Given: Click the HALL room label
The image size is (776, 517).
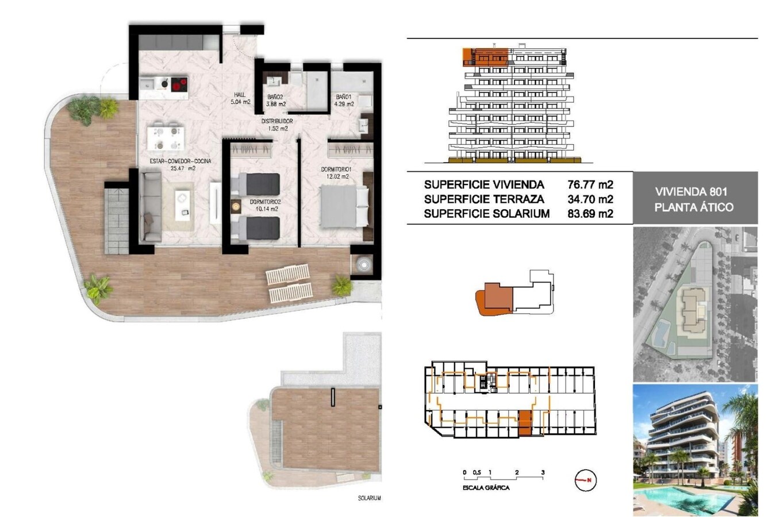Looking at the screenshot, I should (x=240, y=95).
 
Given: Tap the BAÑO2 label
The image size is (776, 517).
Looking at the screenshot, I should (x=275, y=97).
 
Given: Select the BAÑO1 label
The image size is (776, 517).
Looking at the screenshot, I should (x=344, y=97).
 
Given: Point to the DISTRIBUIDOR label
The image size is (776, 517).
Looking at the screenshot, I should (x=277, y=121).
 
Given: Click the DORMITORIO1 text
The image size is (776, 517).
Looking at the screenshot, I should (x=336, y=169).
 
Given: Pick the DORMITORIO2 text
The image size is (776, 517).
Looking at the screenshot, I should (x=265, y=202).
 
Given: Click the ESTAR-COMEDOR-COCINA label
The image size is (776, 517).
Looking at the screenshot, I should (x=180, y=161).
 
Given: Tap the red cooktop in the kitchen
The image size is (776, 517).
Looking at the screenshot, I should (x=178, y=84).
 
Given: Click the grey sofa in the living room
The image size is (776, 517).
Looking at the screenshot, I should (x=151, y=207).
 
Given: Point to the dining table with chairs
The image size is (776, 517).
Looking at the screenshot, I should (x=166, y=138).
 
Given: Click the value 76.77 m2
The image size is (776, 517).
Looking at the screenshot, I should (x=590, y=185).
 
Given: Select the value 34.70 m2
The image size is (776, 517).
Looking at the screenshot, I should (x=590, y=199).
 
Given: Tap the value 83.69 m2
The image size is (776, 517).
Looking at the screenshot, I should (x=590, y=214).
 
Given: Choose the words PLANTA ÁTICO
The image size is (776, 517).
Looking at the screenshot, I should (x=694, y=207).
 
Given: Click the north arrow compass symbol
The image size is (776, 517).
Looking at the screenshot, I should (x=586, y=480).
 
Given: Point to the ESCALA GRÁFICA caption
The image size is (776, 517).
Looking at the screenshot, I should (x=486, y=488).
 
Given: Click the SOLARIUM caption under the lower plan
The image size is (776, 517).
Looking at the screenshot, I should (x=369, y=498).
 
